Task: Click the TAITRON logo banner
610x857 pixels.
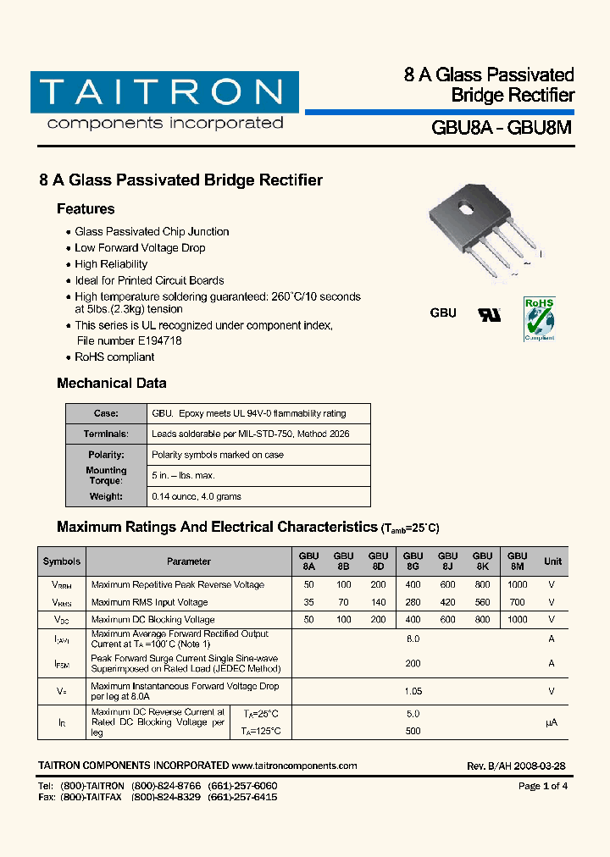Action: pyautogui.click(x=164, y=92)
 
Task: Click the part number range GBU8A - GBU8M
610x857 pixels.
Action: pyautogui.click(x=502, y=128)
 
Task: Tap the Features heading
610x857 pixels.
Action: pyautogui.click(x=86, y=209)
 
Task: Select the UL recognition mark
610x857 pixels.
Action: pyautogui.click(x=490, y=314)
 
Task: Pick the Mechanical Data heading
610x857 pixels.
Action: pyautogui.click(x=112, y=384)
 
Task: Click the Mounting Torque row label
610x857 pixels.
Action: pyautogui.click(x=106, y=475)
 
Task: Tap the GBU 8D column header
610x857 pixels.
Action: pyautogui.click(x=378, y=561)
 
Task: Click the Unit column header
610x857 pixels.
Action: pyautogui.click(x=552, y=561)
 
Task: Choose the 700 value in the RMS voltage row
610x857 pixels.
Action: pyautogui.click(x=517, y=602)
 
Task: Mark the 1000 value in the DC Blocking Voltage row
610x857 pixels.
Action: pyautogui.click(x=517, y=620)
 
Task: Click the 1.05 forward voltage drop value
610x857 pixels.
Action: pyautogui.click(x=413, y=691)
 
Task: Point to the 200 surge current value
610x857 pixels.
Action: pyautogui.click(x=413, y=664)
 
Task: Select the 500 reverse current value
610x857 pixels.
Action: pyautogui.click(x=413, y=731)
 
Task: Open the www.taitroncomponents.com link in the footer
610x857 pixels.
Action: pyautogui.click(x=294, y=766)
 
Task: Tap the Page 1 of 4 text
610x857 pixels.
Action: pyautogui.click(x=542, y=786)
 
